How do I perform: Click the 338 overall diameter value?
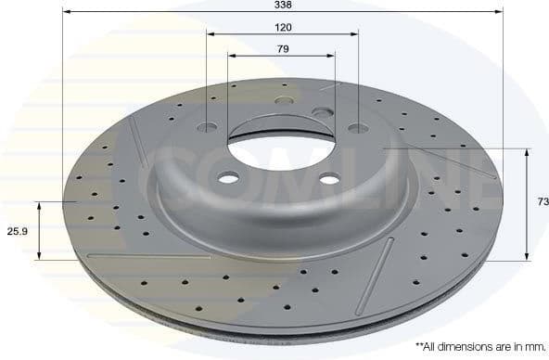click(x=281, y=6)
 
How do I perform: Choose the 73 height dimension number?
click(x=543, y=201)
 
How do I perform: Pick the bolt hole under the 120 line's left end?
click(x=208, y=123)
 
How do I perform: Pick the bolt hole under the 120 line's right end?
click(x=357, y=128)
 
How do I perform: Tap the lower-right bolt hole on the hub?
click(x=327, y=181)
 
